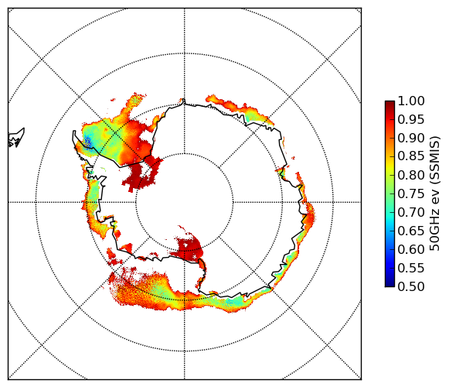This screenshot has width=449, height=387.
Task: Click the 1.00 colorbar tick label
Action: (x=411, y=101)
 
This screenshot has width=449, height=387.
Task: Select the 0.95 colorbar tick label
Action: (x=411, y=120)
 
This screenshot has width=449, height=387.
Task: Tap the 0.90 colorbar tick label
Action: (x=411, y=138)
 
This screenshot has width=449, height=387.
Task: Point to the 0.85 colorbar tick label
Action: (x=411, y=156)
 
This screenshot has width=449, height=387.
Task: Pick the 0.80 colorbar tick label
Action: (x=411, y=175)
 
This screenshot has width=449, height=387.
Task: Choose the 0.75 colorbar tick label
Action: (x=411, y=194)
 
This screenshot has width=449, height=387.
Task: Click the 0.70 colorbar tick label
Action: (x=411, y=213)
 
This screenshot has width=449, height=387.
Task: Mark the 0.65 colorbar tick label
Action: (x=411, y=231)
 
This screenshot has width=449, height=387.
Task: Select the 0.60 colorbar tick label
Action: (x=411, y=249)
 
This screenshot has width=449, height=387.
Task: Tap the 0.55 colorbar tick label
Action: (x=411, y=269)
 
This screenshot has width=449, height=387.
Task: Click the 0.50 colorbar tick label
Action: (x=411, y=286)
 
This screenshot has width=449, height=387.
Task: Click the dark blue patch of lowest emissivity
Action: (x=87, y=142)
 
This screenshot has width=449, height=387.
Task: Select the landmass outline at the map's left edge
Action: (x=16, y=138)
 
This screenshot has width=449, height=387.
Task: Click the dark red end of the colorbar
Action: (x=389, y=103)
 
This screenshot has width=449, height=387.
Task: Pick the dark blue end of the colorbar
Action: (x=389, y=283)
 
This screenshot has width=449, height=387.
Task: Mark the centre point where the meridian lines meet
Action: (x=185, y=202)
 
